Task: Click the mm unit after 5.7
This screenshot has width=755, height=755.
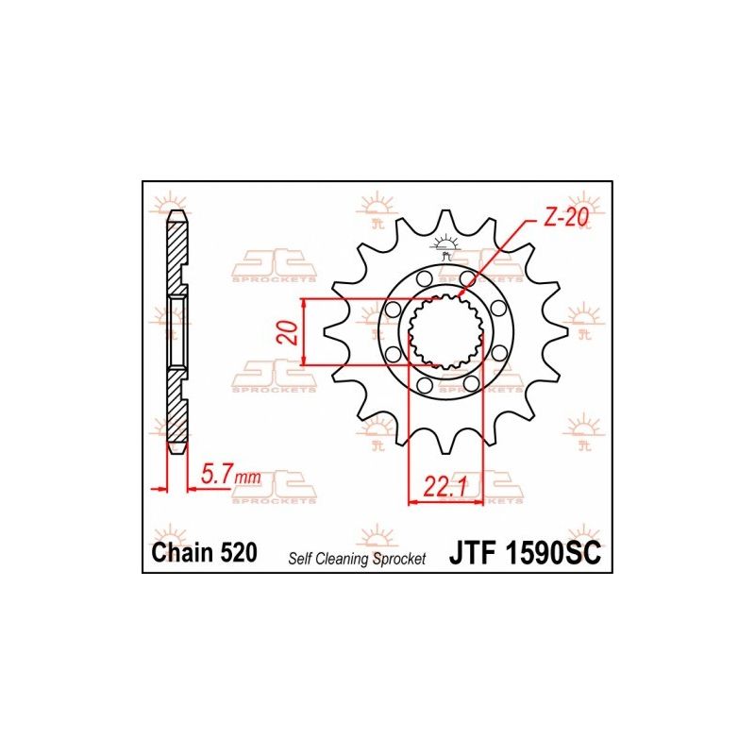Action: pyautogui.click(x=247, y=480)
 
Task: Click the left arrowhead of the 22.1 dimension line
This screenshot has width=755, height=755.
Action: pyautogui.click(x=412, y=502)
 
